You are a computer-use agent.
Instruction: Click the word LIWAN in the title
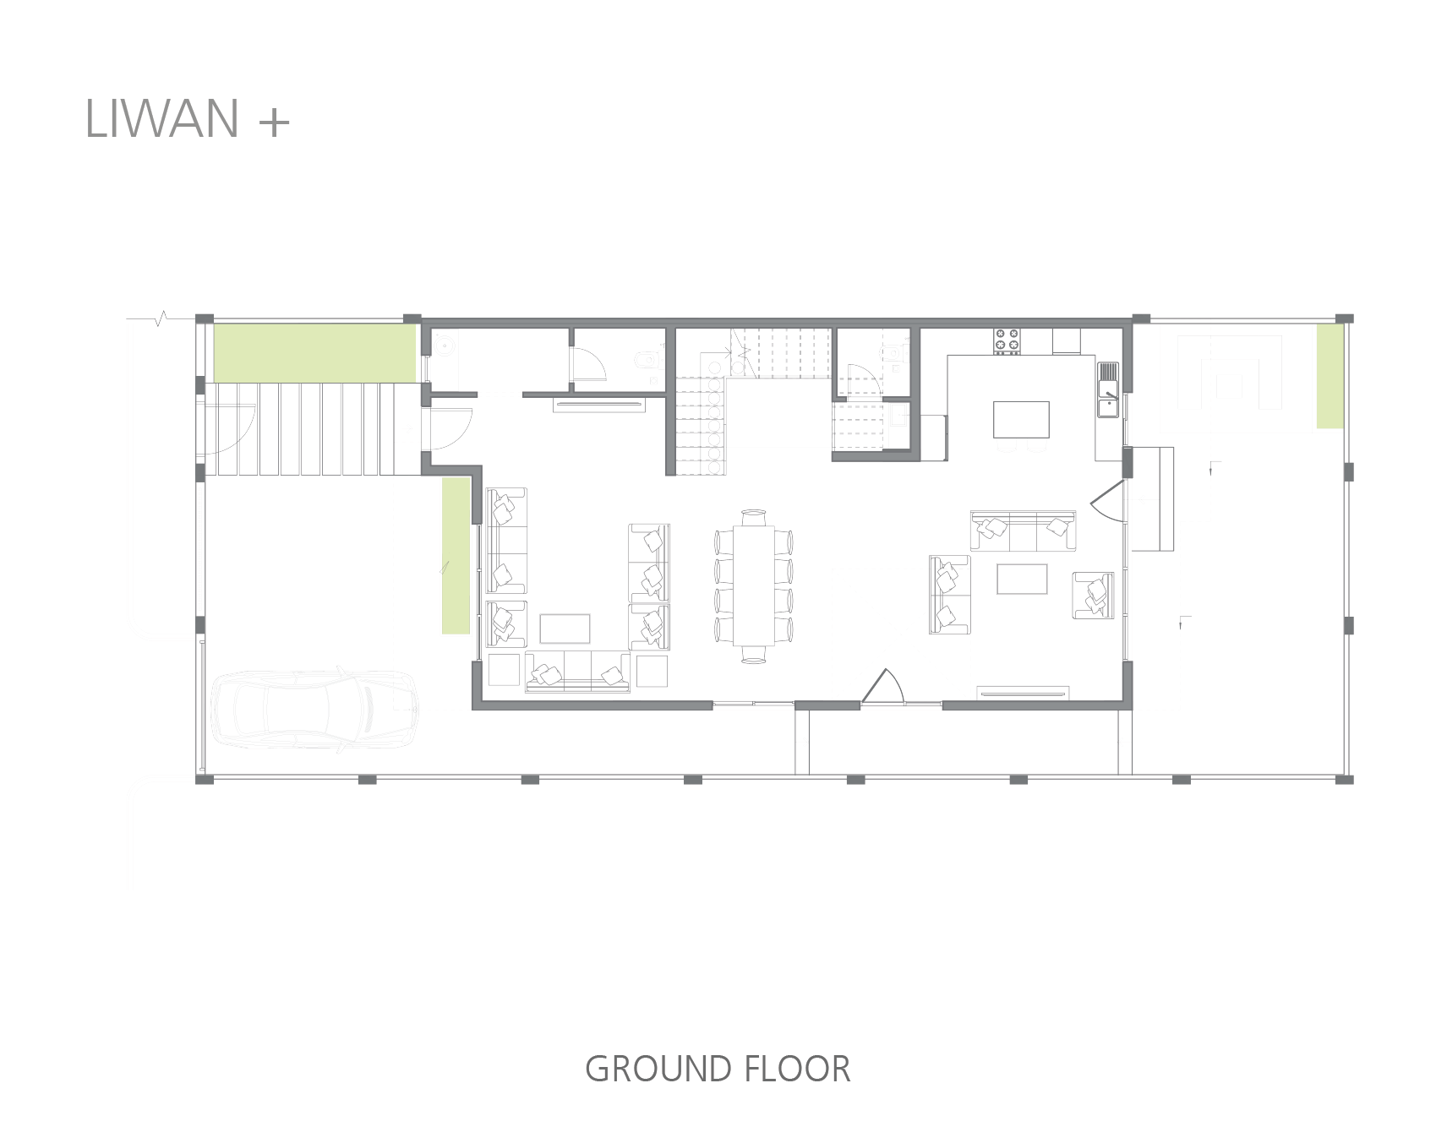point(162,118)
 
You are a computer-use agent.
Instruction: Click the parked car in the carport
point(314,708)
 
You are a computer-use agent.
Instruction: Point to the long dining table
point(753,585)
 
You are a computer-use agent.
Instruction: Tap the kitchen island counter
point(1021,419)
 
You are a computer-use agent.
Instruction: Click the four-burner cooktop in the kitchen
point(1007,340)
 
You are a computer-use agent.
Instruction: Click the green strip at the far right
point(1330,376)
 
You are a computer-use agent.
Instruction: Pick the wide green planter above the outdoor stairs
point(314,352)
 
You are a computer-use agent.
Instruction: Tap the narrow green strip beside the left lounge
point(456,555)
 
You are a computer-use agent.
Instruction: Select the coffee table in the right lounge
point(1022,579)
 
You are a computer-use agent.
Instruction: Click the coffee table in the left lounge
point(565,629)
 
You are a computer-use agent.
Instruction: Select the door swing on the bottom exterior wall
point(882,685)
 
